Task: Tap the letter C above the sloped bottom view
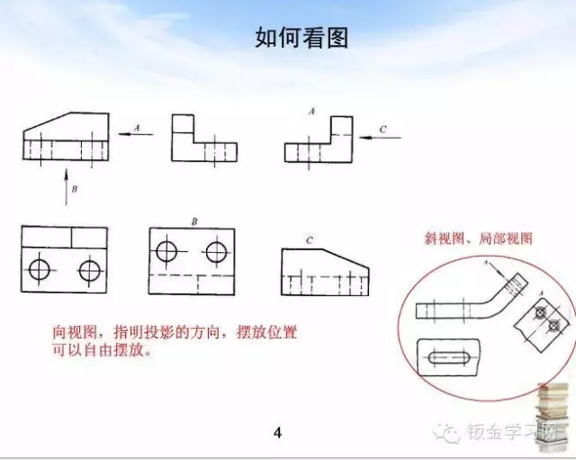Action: pos(309,240)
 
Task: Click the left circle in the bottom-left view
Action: pos(40,269)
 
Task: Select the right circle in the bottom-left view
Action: pos(89,269)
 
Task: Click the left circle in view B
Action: pos(168,251)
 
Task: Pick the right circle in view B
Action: pos(216,251)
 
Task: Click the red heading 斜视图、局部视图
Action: pos(478,239)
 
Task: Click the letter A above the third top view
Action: pos(310,112)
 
